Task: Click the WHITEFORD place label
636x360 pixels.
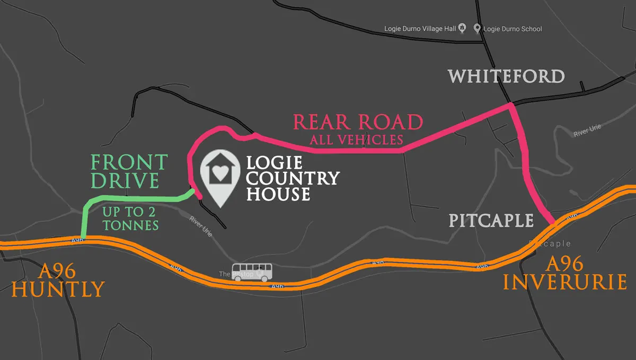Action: pyautogui.click(x=506, y=76)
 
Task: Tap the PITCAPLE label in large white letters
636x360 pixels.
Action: pyautogui.click(x=491, y=221)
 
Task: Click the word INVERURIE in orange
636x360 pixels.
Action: pyautogui.click(x=565, y=282)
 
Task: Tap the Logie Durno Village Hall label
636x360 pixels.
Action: pyautogui.click(x=420, y=29)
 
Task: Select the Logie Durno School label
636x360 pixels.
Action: pyautogui.click(x=513, y=29)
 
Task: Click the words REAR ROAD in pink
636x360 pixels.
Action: pyautogui.click(x=358, y=122)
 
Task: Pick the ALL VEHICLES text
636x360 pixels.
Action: pyautogui.click(x=357, y=141)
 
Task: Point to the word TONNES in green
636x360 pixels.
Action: pyautogui.click(x=131, y=225)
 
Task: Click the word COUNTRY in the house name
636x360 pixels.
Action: pyautogui.click(x=293, y=178)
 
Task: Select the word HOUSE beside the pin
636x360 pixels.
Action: pyautogui.click(x=278, y=194)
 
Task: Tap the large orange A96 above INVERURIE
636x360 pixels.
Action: pyautogui.click(x=565, y=264)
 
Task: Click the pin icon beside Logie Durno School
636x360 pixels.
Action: pyautogui.click(x=477, y=29)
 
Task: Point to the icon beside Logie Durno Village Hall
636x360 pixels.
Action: pyautogui.click(x=462, y=29)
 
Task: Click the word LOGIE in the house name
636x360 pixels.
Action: pyautogui.click(x=274, y=162)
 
